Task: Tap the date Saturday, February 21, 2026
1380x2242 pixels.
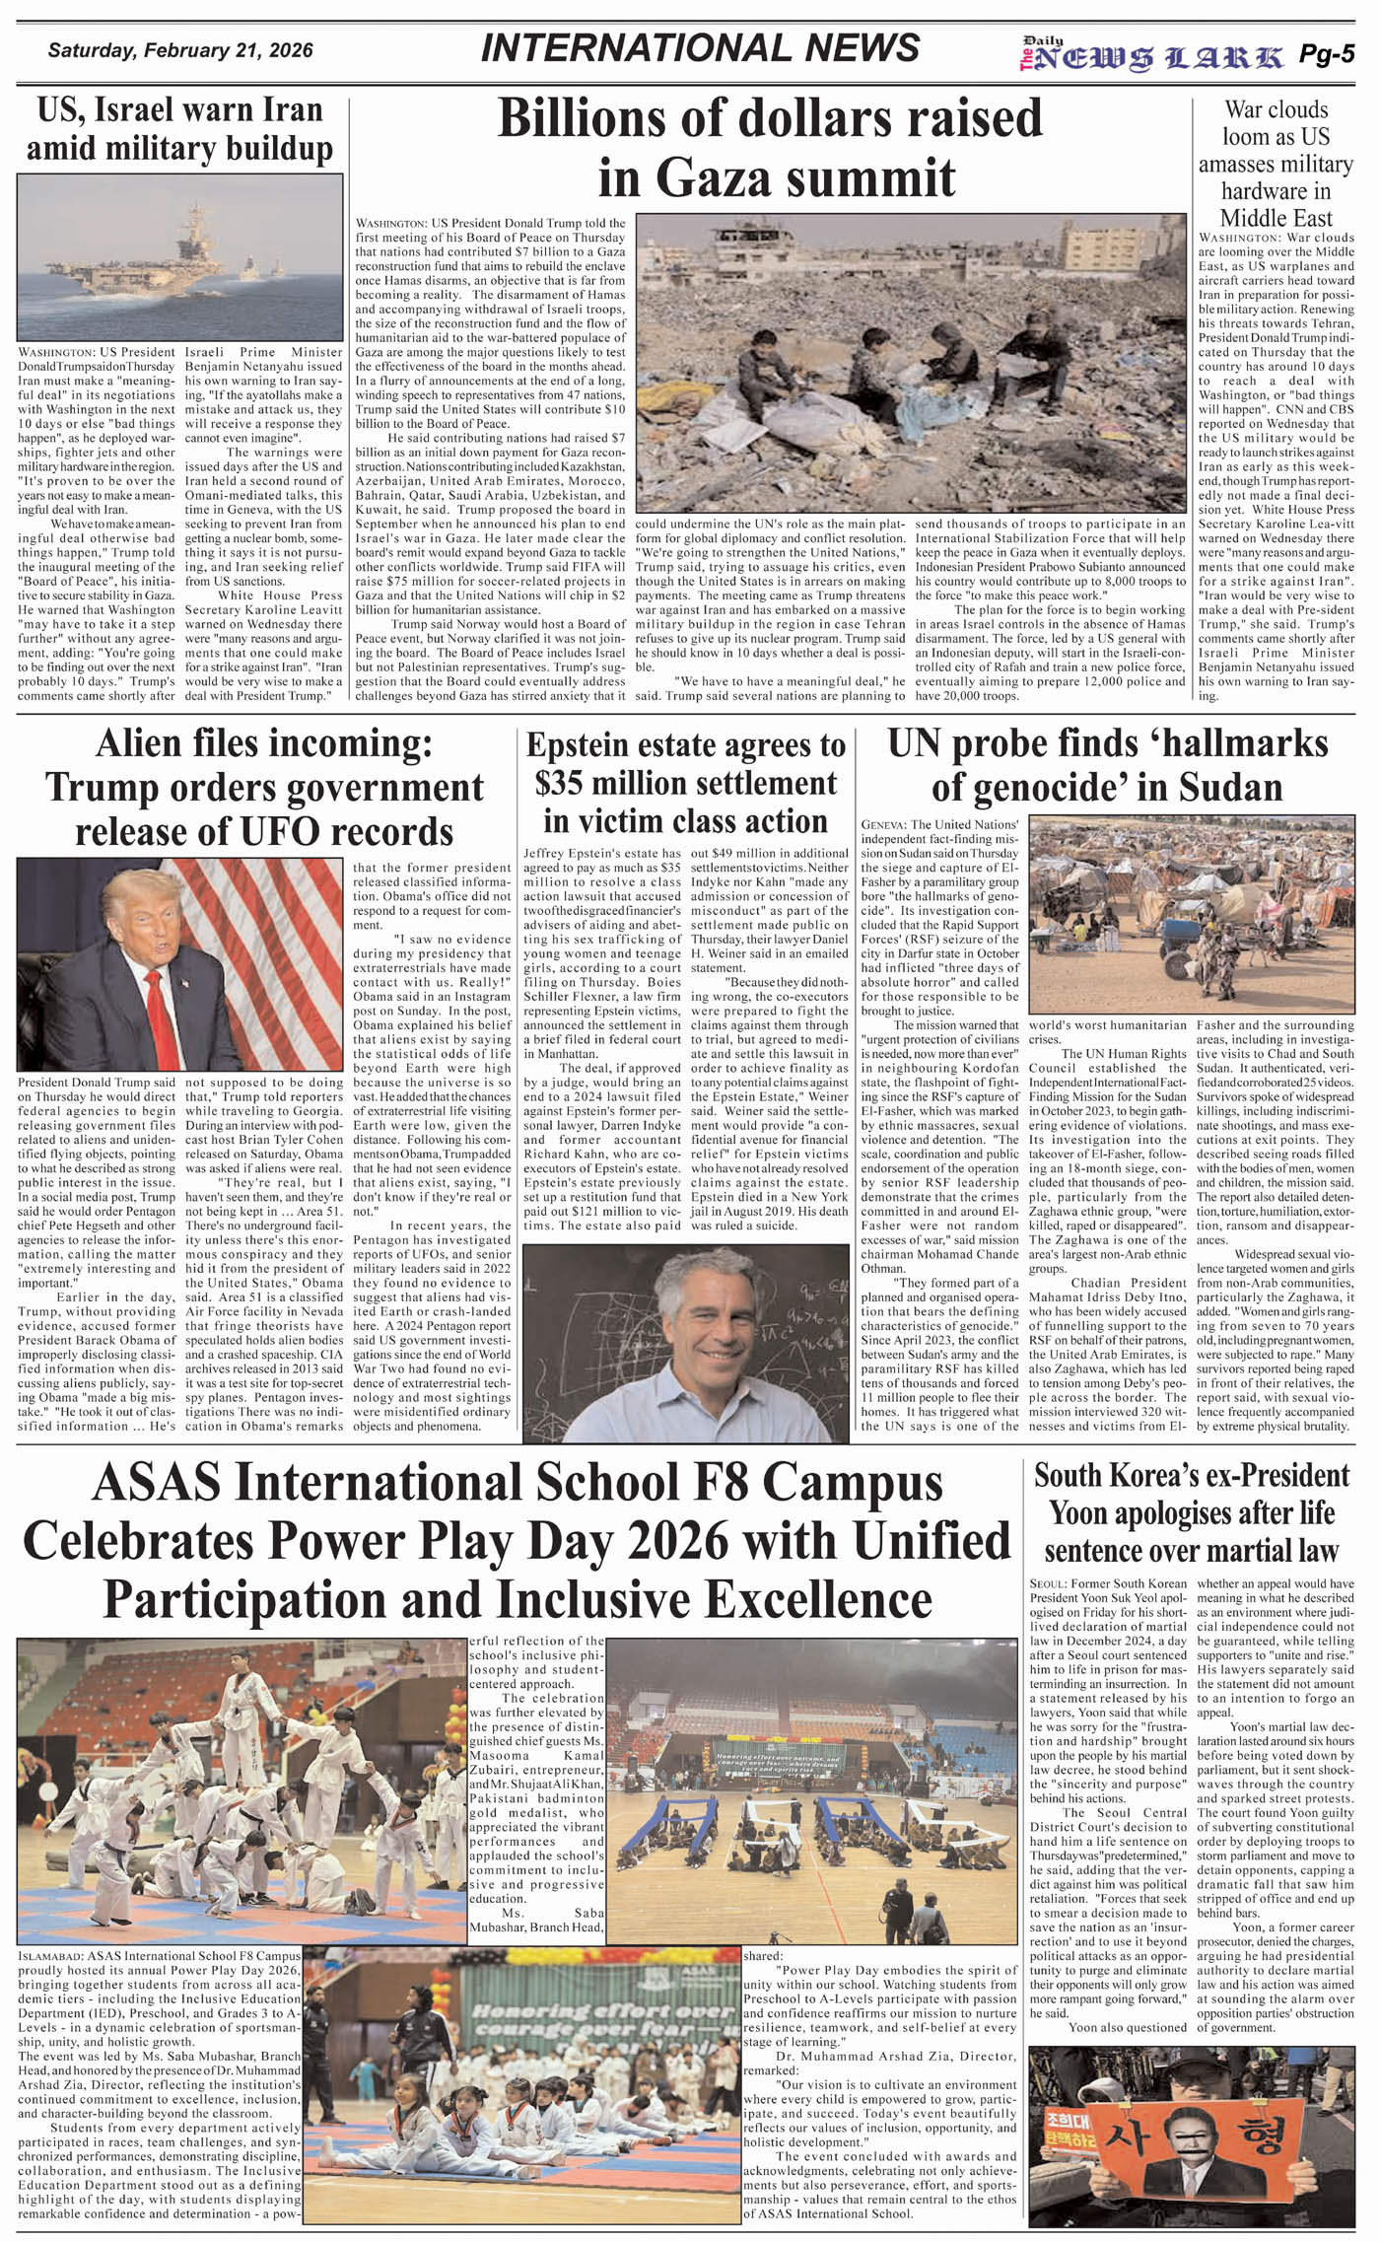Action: (x=180, y=49)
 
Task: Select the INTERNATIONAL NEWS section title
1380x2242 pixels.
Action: (x=700, y=48)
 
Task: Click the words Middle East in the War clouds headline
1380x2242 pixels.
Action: (x=1276, y=218)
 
